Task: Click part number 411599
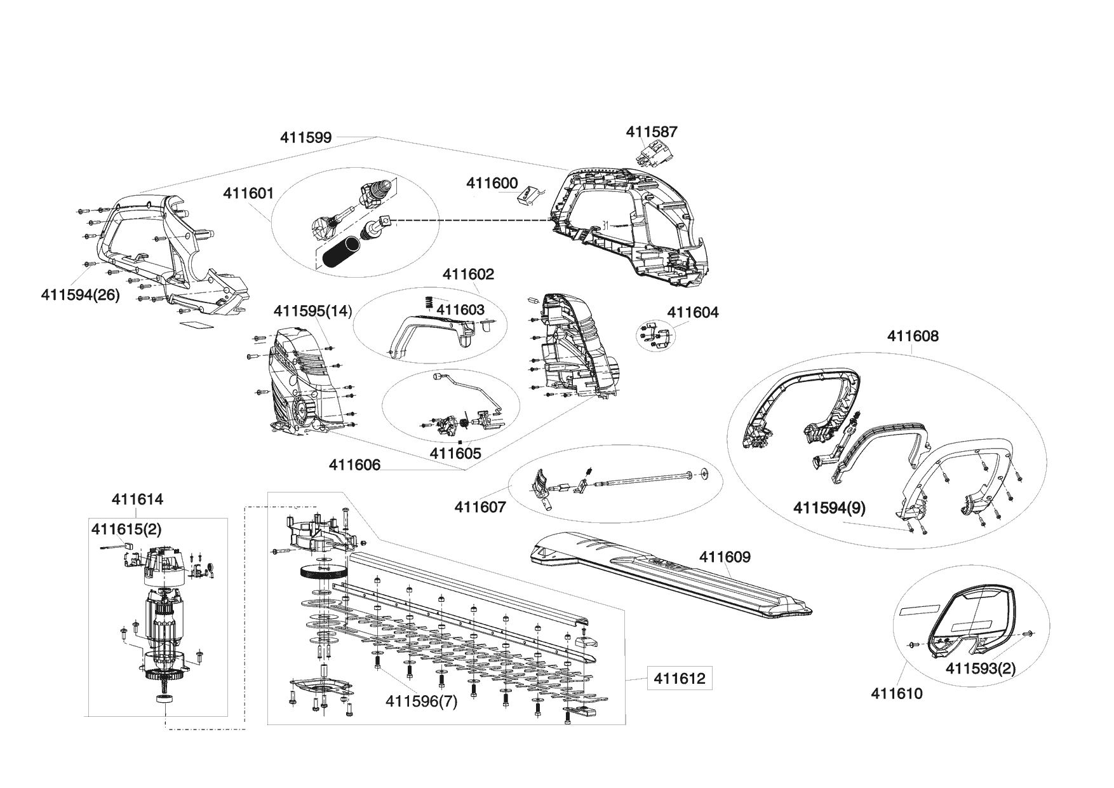coord(306,137)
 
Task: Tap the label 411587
coord(652,132)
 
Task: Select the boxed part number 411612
coord(679,679)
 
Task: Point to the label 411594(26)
coord(80,295)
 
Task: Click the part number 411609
coord(725,557)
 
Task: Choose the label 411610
coord(896,693)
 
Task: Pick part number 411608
coord(913,336)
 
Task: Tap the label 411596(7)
coord(422,702)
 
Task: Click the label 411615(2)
coord(126,529)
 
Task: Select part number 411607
coord(480,507)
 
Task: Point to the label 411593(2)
coord(981,669)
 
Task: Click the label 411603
coord(461,309)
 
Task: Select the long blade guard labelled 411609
coord(667,578)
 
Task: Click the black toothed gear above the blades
coord(323,571)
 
